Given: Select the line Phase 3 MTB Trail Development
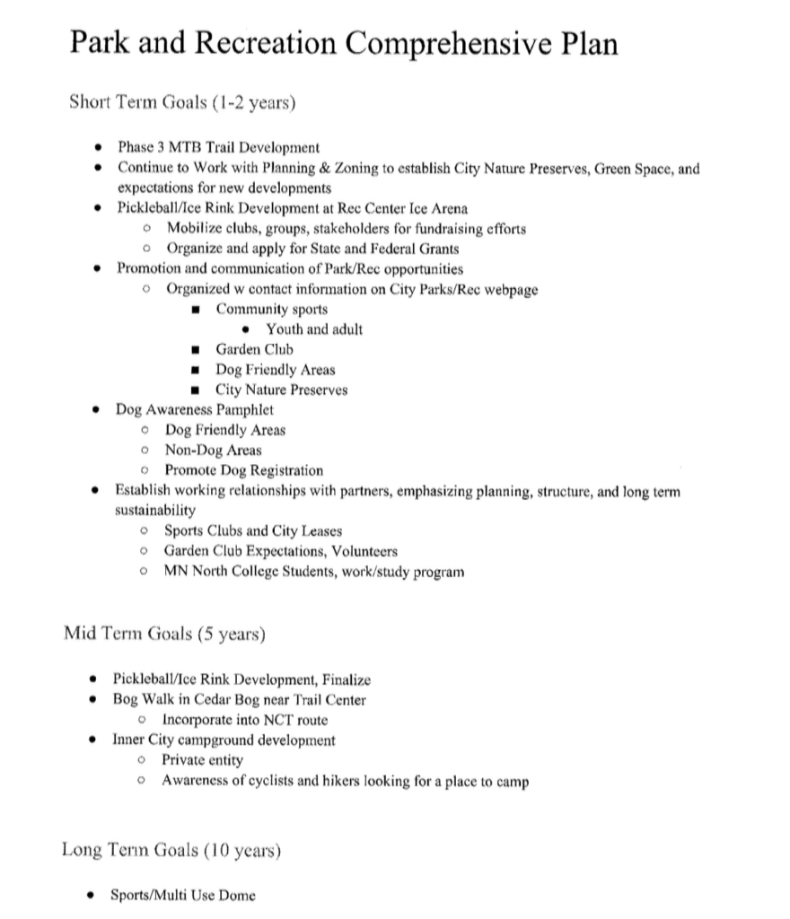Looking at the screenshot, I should point(218,147).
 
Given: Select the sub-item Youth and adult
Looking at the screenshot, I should point(314,329).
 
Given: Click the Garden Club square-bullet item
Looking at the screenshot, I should point(254,349).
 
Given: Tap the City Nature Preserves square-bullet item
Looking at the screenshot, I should point(281,389).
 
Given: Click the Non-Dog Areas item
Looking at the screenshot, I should point(213,450).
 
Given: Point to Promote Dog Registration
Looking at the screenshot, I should point(243,470).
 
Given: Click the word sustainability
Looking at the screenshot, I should point(154,510).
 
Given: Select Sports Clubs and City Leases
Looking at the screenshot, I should point(252,530).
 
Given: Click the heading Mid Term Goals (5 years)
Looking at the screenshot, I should point(164,635).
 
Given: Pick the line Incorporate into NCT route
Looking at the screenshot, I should point(245,720).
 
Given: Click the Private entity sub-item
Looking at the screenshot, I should point(202,760).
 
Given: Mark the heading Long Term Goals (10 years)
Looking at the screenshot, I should point(171,849).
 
